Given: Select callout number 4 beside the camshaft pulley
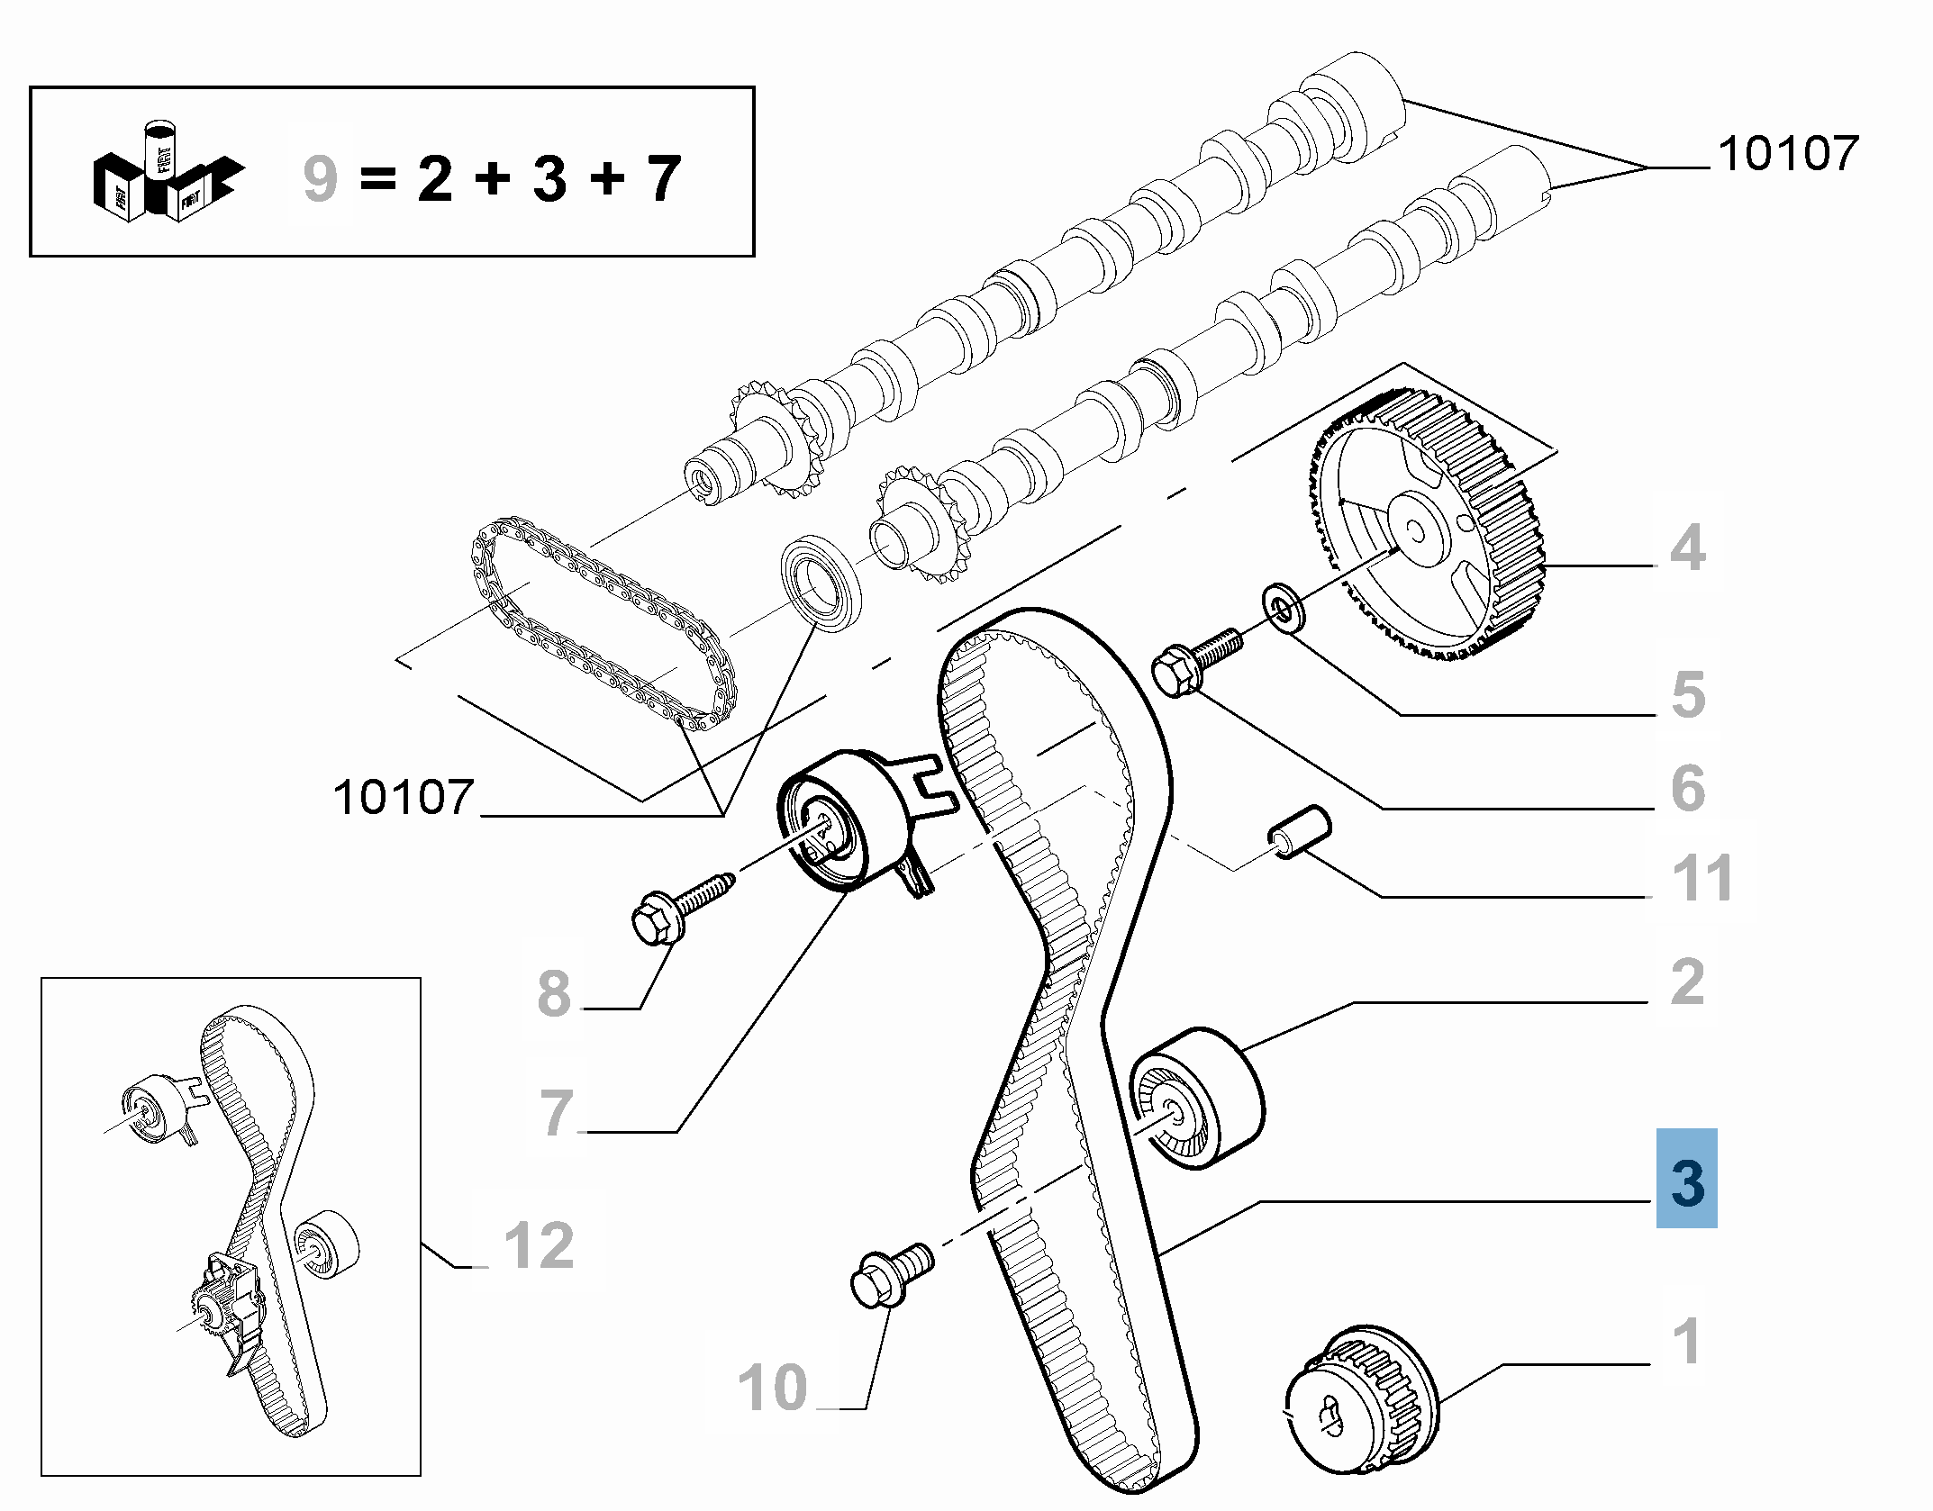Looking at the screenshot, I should tap(1687, 547).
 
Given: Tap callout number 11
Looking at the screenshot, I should tap(1702, 878).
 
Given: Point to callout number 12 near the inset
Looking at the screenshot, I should tap(539, 1245).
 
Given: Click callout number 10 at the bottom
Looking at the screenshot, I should tap(773, 1387).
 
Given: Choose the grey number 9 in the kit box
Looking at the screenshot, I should tap(320, 178).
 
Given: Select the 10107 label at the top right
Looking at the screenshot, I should tap(1788, 153).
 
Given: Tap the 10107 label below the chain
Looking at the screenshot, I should tap(403, 798).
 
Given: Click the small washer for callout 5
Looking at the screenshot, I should tap(1284, 608).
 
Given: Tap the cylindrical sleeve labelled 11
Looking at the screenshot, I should tap(1299, 831).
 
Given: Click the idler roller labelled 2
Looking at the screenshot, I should tap(1196, 1097).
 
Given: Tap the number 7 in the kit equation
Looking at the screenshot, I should tap(663, 178).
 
